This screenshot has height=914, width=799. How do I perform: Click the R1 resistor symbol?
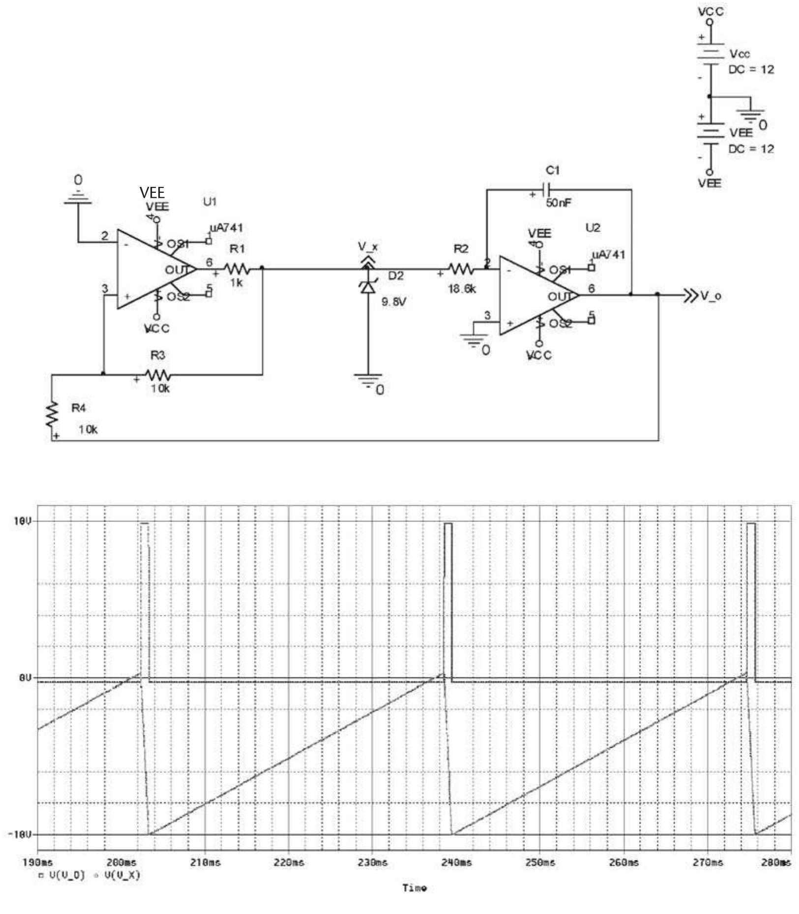237,269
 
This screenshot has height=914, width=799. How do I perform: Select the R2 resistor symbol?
461,269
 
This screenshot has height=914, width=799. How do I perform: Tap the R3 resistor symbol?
158,375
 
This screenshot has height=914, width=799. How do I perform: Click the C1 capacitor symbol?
546,189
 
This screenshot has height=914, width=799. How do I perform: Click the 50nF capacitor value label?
559,203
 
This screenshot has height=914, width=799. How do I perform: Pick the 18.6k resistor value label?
462,289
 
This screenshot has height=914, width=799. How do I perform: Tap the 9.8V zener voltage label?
394,302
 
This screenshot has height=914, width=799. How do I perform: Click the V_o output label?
711,296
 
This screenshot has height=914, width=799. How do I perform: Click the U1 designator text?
210,201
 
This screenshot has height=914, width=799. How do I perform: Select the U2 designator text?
593,228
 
